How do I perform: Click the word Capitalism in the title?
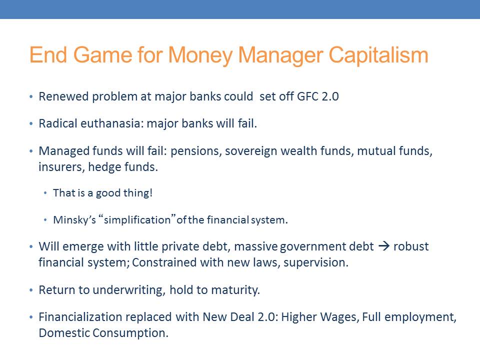(378, 55)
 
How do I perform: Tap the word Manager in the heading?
(280, 56)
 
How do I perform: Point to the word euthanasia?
(112, 123)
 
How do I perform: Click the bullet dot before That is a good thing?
(45, 193)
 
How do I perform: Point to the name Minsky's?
(74, 220)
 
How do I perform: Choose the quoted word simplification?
(137, 220)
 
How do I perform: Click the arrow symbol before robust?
(384, 246)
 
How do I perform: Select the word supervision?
(316, 262)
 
